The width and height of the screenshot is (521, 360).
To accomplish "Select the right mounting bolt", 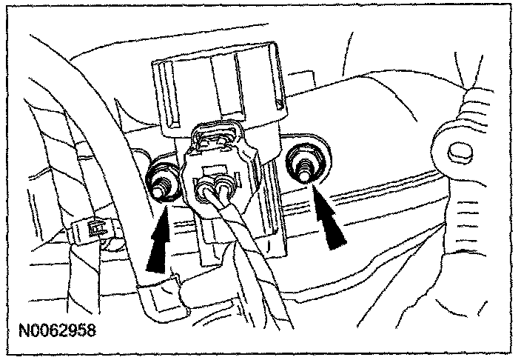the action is click(303, 164).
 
